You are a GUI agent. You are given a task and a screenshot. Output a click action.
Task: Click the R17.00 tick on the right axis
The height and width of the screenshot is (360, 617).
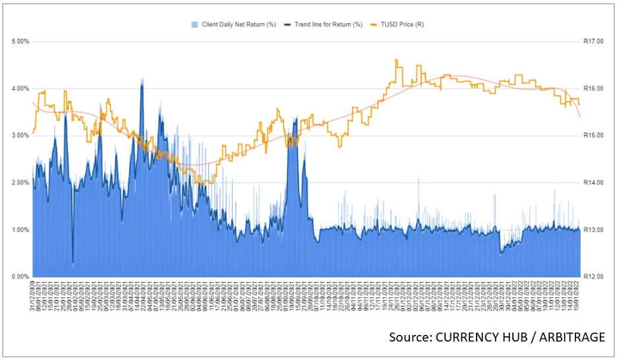click(x=594, y=42)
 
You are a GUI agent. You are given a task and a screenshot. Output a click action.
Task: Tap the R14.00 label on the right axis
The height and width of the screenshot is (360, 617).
click(x=594, y=183)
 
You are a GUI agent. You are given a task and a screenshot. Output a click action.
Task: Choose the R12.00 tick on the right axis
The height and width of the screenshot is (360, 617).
click(x=594, y=276)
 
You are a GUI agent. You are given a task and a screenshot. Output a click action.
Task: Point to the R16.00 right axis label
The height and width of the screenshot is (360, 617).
click(x=594, y=88)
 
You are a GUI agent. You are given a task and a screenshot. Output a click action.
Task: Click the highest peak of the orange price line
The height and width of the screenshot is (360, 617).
click(x=396, y=60)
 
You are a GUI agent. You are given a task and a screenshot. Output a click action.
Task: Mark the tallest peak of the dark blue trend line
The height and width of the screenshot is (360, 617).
click(x=142, y=81)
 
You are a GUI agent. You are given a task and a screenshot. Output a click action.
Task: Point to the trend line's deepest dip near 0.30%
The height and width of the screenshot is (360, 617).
click(x=73, y=262)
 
